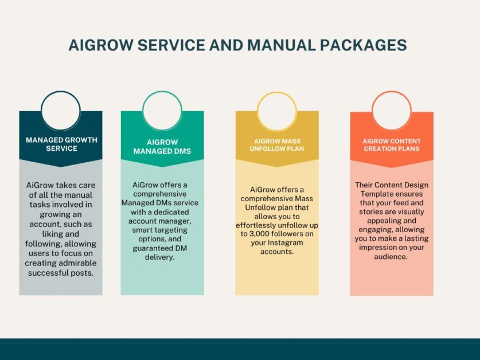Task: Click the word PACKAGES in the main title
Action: point(364,45)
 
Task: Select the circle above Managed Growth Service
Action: point(61,92)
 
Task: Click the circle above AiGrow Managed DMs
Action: point(162,92)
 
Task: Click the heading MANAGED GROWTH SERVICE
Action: point(61,144)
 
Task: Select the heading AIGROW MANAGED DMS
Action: point(162,147)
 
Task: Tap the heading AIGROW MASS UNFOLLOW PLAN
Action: point(277,145)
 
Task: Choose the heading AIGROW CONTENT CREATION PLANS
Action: point(392,145)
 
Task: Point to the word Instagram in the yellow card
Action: point(286,243)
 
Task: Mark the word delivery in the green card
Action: point(160,257)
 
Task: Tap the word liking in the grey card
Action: point(52,234)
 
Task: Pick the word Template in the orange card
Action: point(377,194)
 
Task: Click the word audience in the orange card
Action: point(391,257)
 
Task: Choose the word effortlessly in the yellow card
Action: point(256,226)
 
